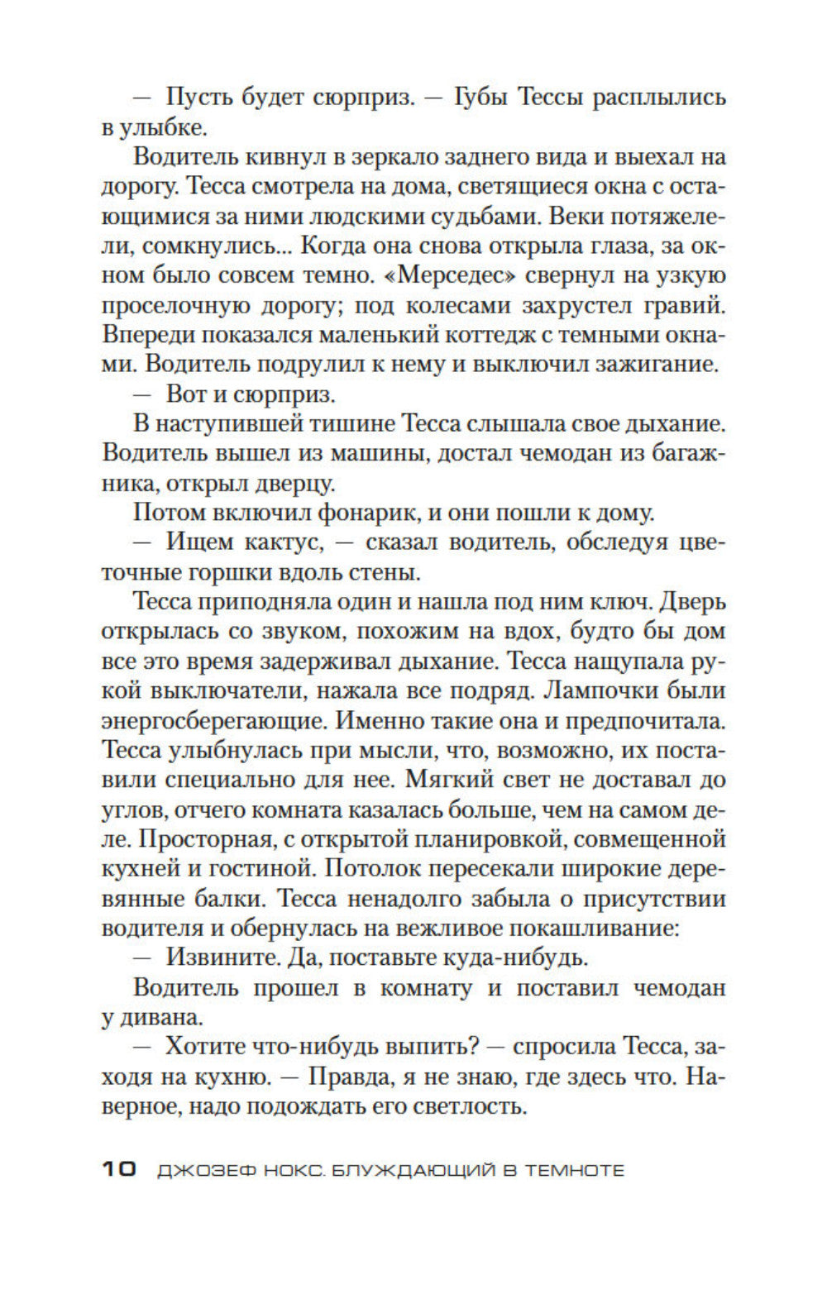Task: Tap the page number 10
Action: [x=119, y=1169]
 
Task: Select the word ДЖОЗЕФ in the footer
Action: [x=199, y=1170]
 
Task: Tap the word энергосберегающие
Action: [x=214, y=720]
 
